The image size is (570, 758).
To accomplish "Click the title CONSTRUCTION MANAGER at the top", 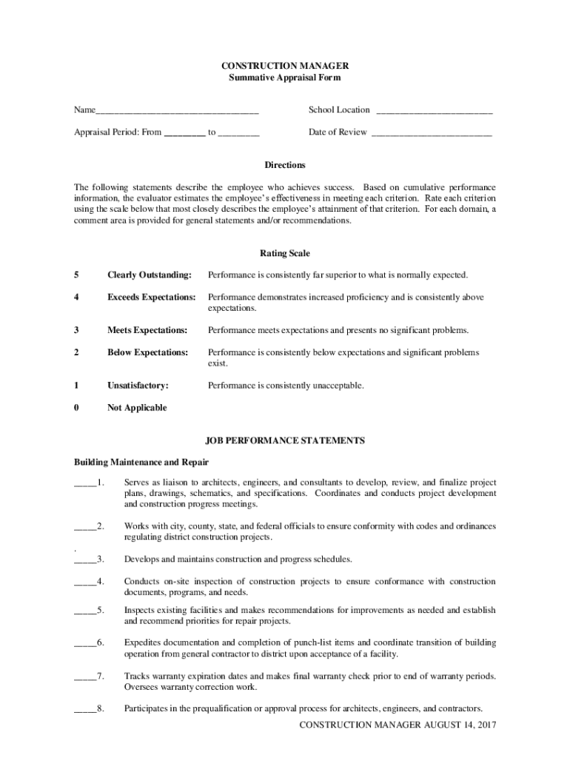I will pos(285,66).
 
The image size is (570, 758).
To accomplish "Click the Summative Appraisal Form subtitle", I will pos(285,77).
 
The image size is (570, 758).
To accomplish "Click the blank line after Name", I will pos(177,111).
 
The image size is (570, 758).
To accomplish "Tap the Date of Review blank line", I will pos(431,133).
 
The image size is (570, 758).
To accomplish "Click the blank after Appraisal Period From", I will pos(184,133).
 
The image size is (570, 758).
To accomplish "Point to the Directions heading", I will pos(285,165).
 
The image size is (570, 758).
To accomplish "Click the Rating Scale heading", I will pos(285,253).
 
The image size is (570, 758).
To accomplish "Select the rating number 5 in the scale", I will pos(76,275).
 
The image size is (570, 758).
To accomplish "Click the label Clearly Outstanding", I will pos(149,275).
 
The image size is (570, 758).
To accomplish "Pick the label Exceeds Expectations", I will pos(151,298).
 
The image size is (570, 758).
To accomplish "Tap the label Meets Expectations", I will pos(147,330).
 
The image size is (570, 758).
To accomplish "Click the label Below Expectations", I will pos(147,352).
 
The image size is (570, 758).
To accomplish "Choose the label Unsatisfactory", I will pos(138,386).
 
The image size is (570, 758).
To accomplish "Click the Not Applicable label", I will pos(137,408).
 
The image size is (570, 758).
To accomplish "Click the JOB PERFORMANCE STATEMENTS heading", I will pos(285,440).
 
